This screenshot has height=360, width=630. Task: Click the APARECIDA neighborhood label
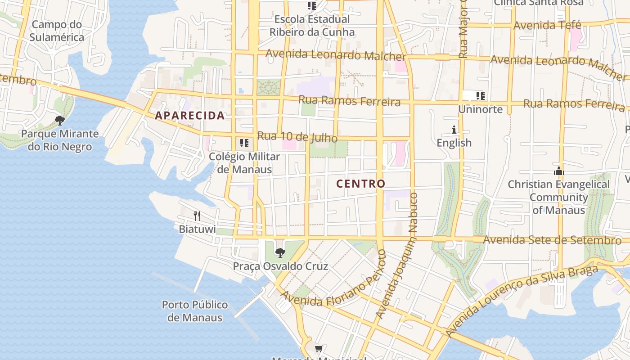point(189,115)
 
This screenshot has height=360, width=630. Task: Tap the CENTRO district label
point(361,184)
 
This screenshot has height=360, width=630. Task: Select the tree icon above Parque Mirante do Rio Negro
point(59,120)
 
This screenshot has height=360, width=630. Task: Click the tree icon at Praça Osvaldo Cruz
point(280,252)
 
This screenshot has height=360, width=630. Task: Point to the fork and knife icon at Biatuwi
point(197,216)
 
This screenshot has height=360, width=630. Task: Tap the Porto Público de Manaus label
point(195,311)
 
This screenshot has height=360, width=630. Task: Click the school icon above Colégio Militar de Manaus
point(244,143)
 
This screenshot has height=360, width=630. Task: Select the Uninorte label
point(480,109)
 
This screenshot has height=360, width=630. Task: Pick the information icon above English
point(454,130)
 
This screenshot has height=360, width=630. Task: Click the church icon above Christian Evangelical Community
point(559,171)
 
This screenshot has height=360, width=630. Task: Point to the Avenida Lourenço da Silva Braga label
point(522,301)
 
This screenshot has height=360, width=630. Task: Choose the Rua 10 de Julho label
point(297,137)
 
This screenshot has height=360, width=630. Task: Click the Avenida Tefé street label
point(547,25)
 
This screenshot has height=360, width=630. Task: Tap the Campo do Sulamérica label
point(57,31)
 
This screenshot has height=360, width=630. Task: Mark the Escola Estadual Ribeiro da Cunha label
point(312,26)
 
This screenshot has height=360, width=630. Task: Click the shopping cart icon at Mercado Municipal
point(319,348)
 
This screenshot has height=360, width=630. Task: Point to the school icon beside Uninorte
point(481,95)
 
